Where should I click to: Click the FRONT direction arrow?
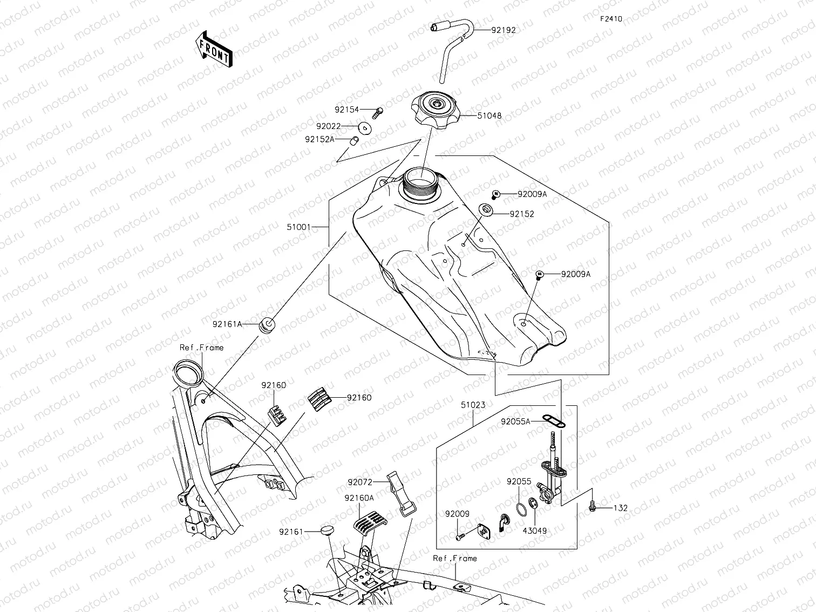pos(214,49)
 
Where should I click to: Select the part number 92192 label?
pos(503,30)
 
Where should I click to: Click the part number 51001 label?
pos(298,227)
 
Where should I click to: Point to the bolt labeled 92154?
pos(377,112)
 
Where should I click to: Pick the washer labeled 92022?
pos(365,128)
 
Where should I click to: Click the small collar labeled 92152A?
pos(355,141)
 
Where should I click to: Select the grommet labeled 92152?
pos(486,209)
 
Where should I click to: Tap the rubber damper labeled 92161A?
pos(268,325)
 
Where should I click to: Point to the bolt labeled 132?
pos(592,507)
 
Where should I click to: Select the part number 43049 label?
pos(534,531)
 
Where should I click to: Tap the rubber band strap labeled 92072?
pos(398,492)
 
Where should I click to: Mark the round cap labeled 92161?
pos(327,532)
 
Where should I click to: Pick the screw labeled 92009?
pos(460,537)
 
